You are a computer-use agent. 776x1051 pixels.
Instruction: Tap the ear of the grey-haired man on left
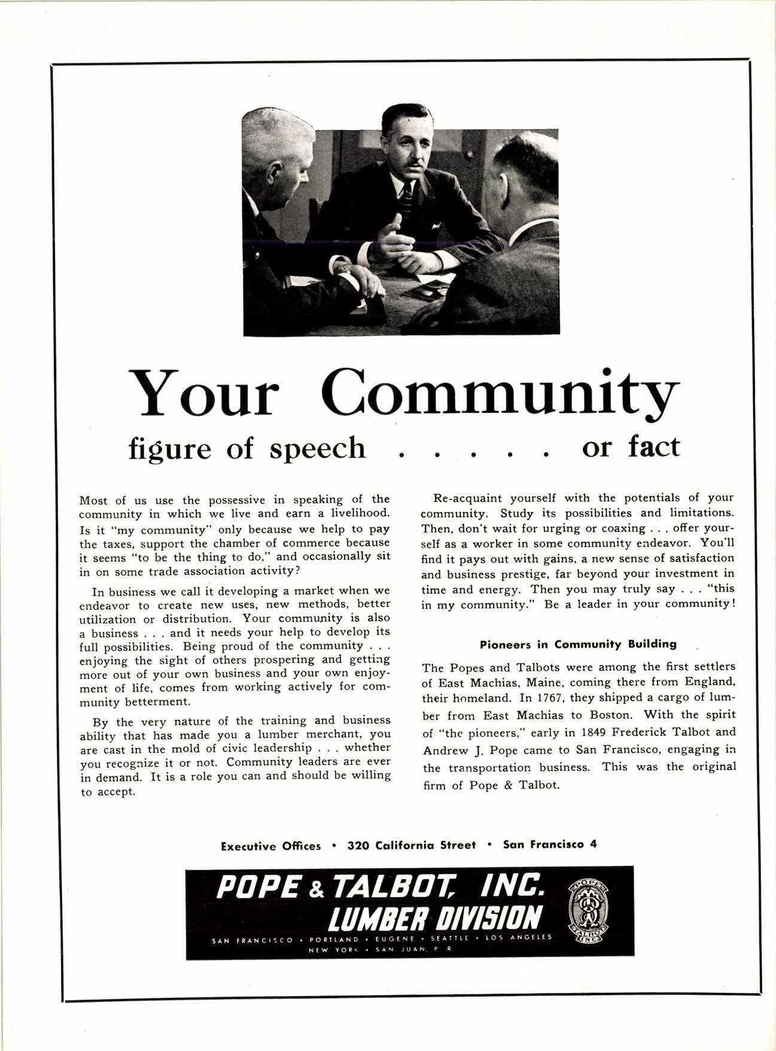pos(275,174)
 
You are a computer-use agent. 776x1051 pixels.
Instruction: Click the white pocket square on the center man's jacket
pos(436,226)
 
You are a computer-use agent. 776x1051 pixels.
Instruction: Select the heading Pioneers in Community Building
pos(578,644)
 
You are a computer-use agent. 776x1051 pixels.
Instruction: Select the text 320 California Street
pos(412,845)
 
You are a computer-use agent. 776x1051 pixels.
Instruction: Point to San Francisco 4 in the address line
pos(550,845)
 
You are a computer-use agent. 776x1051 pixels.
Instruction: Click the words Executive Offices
pos(270,846)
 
